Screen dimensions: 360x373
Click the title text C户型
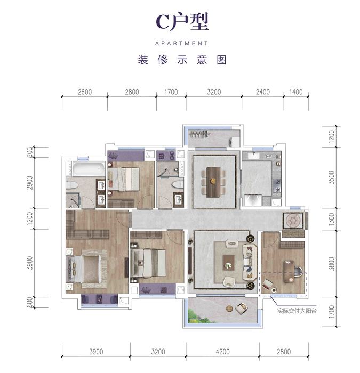pos(182,21)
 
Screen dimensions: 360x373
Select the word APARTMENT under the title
pos(181,43)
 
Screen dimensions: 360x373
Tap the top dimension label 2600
pos(85,92)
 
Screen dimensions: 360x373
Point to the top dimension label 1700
pos(171,92)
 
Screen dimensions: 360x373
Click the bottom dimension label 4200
pos(222,352)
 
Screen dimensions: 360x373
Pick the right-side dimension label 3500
pos(331,177)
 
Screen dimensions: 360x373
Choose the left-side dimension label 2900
pos(30,183)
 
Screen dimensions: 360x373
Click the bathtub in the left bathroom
pos(89,169)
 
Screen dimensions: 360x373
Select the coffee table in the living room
pos(229,263)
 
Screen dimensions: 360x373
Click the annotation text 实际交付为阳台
pos(297,311)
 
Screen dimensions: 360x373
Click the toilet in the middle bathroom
pos(178,184)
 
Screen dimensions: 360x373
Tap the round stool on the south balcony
pos(229,309)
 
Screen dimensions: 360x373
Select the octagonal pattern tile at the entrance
pos(293,220)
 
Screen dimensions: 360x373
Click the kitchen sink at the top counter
pos(253,156)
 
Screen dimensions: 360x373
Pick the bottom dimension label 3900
pos(96,352)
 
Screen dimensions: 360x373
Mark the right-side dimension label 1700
pos(331,312)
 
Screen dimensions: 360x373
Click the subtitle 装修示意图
pos(182,60)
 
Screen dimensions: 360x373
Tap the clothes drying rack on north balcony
pos(199,134)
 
